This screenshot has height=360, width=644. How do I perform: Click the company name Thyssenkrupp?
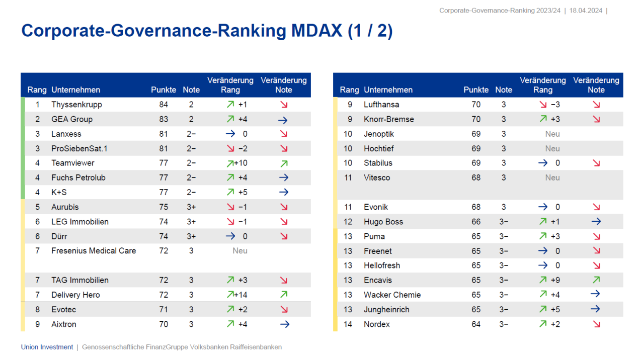[x=76, y=105]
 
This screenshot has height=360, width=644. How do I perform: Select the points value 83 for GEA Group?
[x=164, y=119]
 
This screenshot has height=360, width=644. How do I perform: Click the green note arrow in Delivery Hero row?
[x=284, y=295]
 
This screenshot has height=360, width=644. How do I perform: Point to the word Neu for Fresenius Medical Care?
[x=240, y=250]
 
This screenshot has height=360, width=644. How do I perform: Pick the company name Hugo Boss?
[x=383, y=222]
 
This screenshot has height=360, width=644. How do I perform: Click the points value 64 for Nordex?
[x=476, y=324]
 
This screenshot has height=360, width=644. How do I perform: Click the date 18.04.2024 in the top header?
[x=586, y=11]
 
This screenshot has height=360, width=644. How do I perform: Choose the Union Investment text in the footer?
[x=47, y=347]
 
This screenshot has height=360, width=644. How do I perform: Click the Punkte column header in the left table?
[x=164, y=90]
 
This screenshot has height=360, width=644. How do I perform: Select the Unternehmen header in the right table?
[x=388, y=90]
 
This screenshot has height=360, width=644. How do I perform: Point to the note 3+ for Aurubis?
[x=191, y=207]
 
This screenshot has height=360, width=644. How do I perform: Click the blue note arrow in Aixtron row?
[x=284, y=324]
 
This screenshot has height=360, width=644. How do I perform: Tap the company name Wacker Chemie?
[x=392, y=295]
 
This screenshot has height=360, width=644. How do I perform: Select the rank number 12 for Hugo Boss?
[x=348, y=222]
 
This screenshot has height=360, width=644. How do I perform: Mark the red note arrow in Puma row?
[x=596, y=236]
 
